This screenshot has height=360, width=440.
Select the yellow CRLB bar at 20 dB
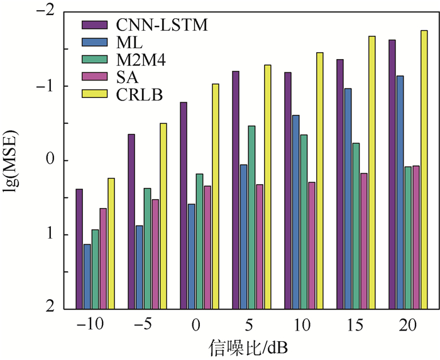coord(424,170)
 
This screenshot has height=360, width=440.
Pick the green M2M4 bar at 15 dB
coord(356,226)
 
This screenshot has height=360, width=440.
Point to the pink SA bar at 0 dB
coord(207,248)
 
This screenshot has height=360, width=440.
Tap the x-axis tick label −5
coord(143,325)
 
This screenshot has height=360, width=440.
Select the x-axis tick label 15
coord(351,325)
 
